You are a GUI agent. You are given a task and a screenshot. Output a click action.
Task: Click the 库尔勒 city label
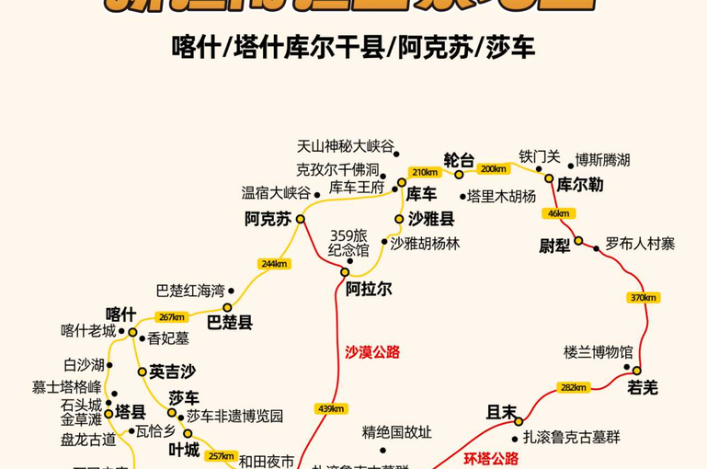(x=580, y=185)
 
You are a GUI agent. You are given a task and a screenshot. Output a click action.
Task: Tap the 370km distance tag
(x=644, y=297)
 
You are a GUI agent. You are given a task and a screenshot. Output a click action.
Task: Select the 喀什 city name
(x=120, y=314)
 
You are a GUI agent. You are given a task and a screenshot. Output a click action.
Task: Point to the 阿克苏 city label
(x=268, y=219)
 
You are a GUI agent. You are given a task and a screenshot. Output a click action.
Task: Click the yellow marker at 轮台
(x=459, y=174)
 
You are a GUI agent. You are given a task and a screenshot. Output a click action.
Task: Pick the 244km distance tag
(x=275, y=264)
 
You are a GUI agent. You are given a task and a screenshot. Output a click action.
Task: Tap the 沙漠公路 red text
(x=372, y=351)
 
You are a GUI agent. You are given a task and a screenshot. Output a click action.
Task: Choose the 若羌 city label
(x=643, y=388)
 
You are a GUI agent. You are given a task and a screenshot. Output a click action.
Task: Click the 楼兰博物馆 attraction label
(x=599, y=352)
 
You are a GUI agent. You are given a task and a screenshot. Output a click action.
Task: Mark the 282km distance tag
(x=574, y=387)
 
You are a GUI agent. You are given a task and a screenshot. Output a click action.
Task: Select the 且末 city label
(x=502, y=412)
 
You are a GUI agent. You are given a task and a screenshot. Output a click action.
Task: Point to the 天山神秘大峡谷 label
(x=345, y=145)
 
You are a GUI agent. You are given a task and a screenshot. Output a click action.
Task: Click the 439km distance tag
(x=330, y=408)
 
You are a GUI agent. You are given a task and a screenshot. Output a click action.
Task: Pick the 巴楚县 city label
(x=230, y=323)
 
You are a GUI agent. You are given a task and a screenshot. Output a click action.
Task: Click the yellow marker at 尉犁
(x=578, y=241)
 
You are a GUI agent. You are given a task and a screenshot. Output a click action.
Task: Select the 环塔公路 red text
(x=491, y=458)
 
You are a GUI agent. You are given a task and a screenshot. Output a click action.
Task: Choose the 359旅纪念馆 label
(x=349, y=243)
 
